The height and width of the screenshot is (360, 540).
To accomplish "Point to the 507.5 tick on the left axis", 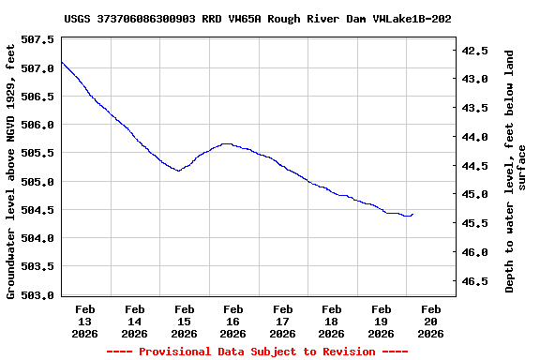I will pyautogui.click(x=38, y=39).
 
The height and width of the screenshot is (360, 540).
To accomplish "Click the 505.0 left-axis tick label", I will pyautogui.click(x=38, y=181).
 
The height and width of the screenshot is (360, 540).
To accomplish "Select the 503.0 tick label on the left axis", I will pyautogui.click(x=38, y=294).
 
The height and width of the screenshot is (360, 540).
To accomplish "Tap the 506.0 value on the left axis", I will pyautogui.click(x=38, y=125).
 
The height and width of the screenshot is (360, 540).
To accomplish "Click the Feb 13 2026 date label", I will pyautogui.click(x=85, y=321).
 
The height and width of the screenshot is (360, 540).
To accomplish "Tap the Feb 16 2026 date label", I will pyautogui.click(x=233, y=321).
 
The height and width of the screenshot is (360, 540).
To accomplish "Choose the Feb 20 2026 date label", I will pyautogui.click(x=430, y=321).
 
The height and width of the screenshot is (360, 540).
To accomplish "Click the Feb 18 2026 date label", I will pyautogui.click(x=332, y=321).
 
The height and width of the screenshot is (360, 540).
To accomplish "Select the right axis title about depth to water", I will pyautogui.click(x=516, y=171).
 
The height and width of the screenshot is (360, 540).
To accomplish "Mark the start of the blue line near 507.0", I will pyautogui.click(x=62, y=62).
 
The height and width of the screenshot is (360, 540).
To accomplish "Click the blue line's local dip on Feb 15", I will pyautogui.click(x=178, y=171).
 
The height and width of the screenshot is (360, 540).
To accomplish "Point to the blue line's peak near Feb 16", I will pyautogui.click(x=226, y=143).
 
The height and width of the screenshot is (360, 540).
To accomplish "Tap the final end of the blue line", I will pyautogui.click(x=412, y=215).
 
